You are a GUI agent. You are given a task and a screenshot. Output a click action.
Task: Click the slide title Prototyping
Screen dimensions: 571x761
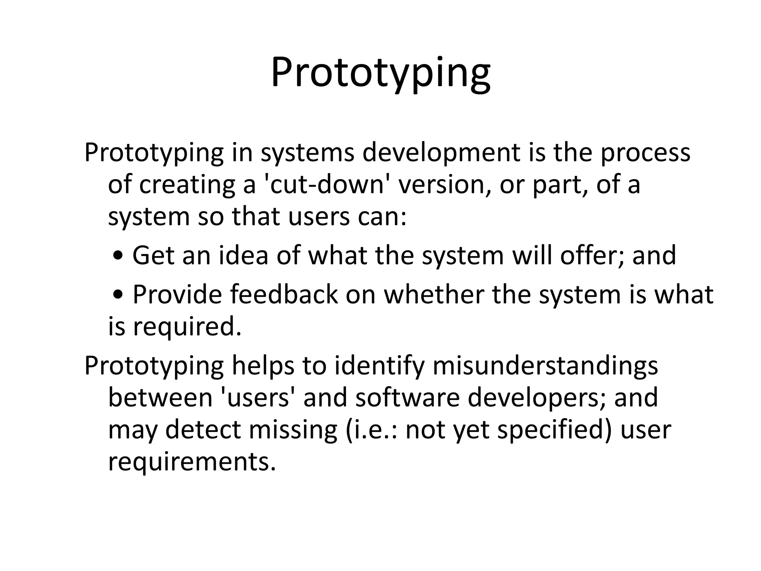(380, 74)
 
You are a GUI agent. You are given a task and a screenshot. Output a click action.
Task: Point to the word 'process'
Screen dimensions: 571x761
(645, 153)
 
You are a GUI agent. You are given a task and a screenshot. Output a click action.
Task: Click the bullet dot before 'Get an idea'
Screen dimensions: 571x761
(118, 256)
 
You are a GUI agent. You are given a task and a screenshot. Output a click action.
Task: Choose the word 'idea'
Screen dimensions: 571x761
(243, 256)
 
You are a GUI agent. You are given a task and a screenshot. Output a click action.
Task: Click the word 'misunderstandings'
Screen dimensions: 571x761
(545, 366)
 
